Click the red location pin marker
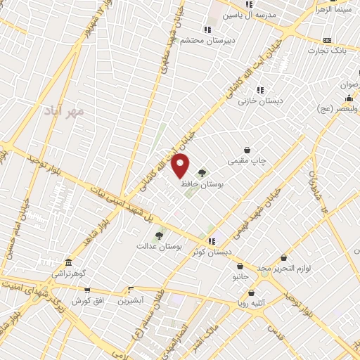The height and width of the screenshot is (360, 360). pos(181,165)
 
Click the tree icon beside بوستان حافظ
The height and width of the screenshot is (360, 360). pos(202,172)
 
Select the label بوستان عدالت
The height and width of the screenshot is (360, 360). pos(160,247)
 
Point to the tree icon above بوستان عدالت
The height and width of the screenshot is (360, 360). pos(159,236)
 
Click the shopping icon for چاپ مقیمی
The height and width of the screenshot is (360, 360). pos(247,150)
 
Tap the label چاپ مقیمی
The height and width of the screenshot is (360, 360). pos(247,161)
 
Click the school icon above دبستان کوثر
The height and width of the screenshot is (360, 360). pos(212,241)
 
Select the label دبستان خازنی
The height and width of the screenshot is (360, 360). pos(260,101)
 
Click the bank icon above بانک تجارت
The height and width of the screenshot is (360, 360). pos(327,41)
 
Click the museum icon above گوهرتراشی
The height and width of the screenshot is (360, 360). pos(67,260)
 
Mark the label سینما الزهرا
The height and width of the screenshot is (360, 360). pos(334,10)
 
